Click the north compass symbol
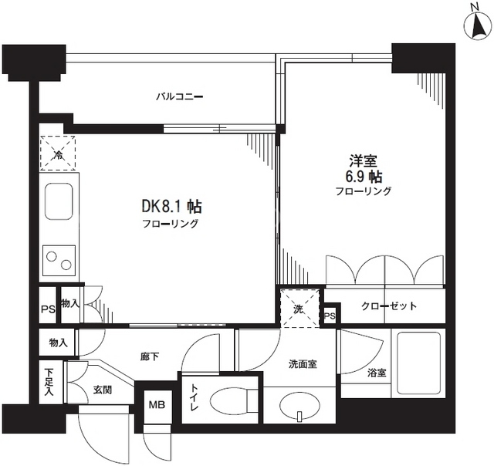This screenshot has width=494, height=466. (x=478, y=25)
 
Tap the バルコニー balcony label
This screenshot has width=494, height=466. (x=180, y=96)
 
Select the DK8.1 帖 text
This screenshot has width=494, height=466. (x=172, y=207)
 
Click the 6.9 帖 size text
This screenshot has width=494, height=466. (x=364, y=177)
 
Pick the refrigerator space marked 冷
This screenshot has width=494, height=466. (x=58, y=153)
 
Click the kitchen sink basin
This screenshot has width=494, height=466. (x=59, y=201)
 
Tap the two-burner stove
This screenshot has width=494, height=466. (x=59, y=261)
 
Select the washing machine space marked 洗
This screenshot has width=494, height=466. (x=299, y=309)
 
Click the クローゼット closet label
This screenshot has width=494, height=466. (x=389, y=306)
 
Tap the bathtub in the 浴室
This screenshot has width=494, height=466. (x=418, y=363)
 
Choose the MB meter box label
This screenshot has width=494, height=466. (x=157, y=404)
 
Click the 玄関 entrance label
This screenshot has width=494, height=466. (x=103, y=390)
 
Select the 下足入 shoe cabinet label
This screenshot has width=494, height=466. (x=49, y=382)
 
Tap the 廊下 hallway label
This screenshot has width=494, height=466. (x=150, y=356)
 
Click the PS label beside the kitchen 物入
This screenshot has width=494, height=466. (x=48, y=309)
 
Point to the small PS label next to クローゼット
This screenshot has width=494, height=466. (x=330, y=316)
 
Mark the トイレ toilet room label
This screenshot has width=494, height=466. (x=195, y=397)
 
